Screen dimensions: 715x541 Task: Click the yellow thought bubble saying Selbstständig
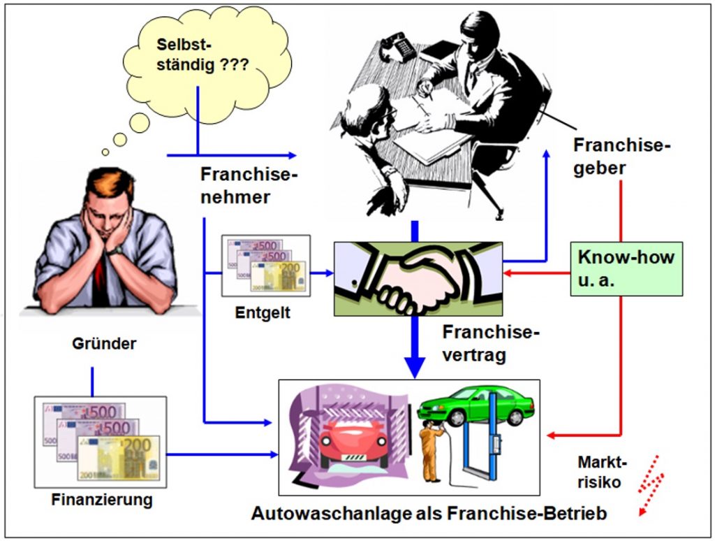point(207,64)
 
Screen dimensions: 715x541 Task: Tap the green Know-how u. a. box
point(626,269)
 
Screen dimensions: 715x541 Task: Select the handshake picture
point(418,279)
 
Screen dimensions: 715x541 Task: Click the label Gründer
point(104,343)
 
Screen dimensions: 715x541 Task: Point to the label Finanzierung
point(102,500)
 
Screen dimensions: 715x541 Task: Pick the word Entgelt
point(263,312)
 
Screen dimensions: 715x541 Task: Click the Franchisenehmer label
point(249,186)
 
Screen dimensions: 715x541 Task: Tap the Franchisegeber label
point(622,157)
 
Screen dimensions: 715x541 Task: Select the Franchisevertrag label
point(491,343)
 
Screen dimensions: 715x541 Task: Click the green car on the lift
point(476,405)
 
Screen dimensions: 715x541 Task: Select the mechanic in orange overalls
point(430,452)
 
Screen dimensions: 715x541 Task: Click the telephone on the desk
point(398,46)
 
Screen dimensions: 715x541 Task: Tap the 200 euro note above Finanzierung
point(119,458)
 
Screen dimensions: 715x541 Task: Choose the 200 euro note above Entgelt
point(279,276)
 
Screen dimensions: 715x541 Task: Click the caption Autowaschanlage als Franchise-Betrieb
point(429,514)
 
